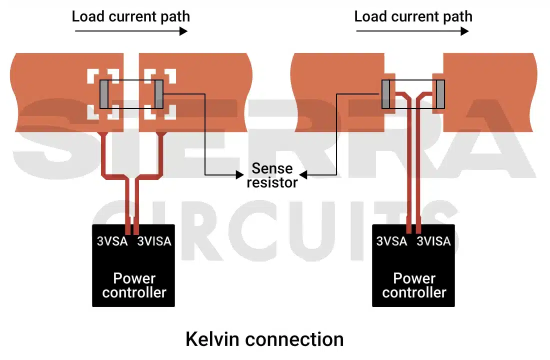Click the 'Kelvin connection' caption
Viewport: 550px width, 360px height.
264,339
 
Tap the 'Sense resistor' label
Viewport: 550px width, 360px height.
272,175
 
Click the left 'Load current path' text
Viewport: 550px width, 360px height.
131,16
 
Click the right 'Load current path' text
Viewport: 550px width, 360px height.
413,16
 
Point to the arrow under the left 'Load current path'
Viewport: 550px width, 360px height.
131,31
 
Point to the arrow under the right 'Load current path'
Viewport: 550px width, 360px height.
412,31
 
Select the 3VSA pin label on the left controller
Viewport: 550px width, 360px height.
112,241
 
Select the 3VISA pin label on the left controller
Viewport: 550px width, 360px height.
154,241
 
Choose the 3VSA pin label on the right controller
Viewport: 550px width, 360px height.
391,241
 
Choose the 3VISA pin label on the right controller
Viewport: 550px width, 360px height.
434,241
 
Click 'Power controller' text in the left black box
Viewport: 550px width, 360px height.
134,285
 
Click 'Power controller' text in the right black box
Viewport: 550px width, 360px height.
414,285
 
